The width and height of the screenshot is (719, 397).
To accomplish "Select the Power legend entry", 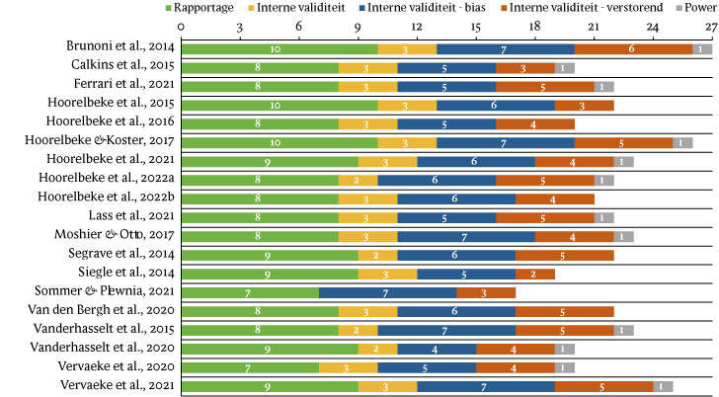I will point(697,9).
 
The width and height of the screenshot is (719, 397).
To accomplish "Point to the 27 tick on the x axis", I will point(712,27).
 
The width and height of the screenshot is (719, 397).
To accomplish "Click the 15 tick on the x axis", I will point(476,27).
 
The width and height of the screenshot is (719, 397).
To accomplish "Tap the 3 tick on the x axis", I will point(240,27).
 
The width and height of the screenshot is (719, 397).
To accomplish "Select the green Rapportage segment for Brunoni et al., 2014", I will point(279,48).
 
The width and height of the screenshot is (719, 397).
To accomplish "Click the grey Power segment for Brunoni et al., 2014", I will point(702,48).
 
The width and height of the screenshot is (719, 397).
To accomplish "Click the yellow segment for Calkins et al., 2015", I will point(367,67).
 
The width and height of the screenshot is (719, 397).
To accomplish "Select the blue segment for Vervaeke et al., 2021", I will point(485,386).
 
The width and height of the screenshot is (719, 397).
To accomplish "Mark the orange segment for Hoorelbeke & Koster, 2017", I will point(623,142).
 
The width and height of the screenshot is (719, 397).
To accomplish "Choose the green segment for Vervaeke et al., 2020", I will point(249,367).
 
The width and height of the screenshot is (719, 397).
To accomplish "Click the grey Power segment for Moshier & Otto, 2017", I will point(623,236).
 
